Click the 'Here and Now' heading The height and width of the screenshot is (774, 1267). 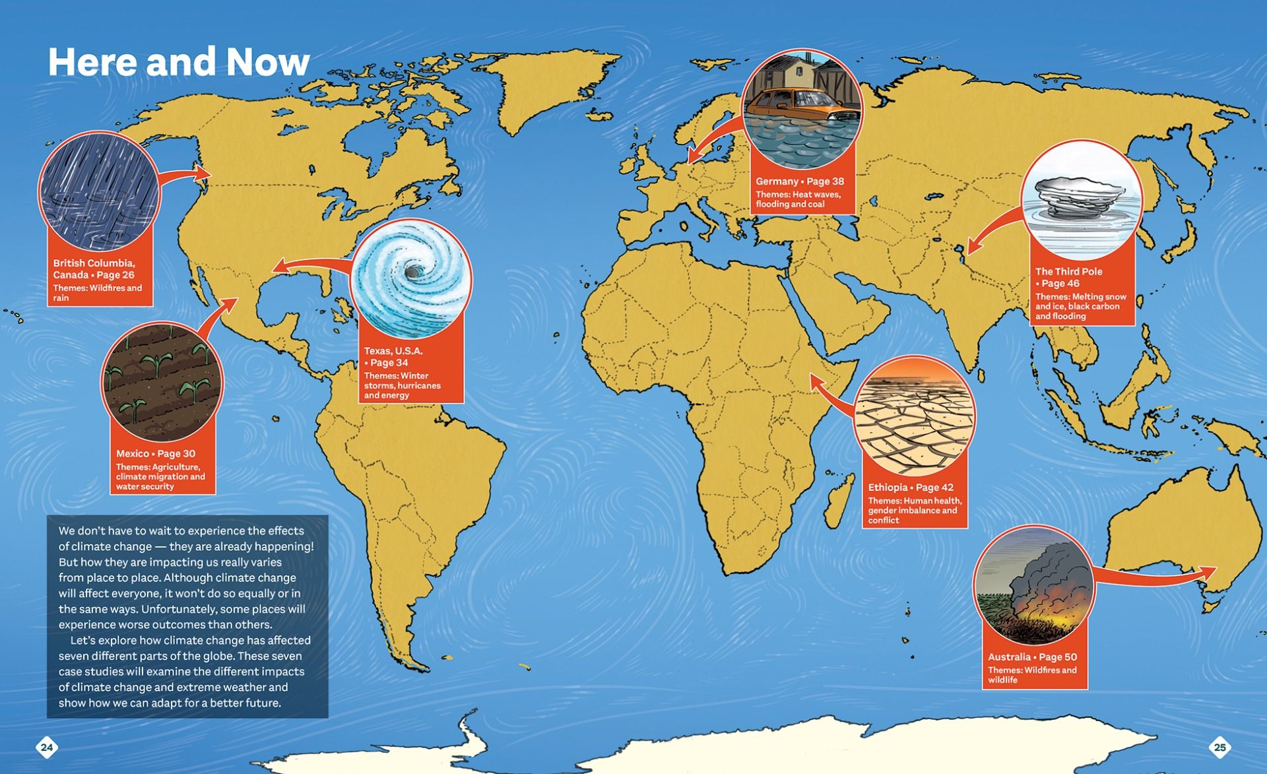tap(178, 62)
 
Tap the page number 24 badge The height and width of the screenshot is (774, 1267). tap(47, 747)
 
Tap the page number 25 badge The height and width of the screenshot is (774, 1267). tap(1219, 747)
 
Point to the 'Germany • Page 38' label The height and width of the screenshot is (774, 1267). tap(799, 181)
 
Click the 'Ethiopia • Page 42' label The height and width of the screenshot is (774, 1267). tap(910, 488)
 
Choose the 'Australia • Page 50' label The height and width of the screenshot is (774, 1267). tap(1031, 657)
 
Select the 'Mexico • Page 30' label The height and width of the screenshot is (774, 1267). tap(156, 454)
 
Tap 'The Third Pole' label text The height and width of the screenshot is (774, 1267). tap(1068, 272)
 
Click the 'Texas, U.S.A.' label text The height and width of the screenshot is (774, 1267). tap(393, 351)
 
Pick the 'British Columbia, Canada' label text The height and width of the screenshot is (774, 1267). tap(94, 269)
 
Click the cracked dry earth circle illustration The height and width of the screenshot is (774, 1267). tap(914, 416)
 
